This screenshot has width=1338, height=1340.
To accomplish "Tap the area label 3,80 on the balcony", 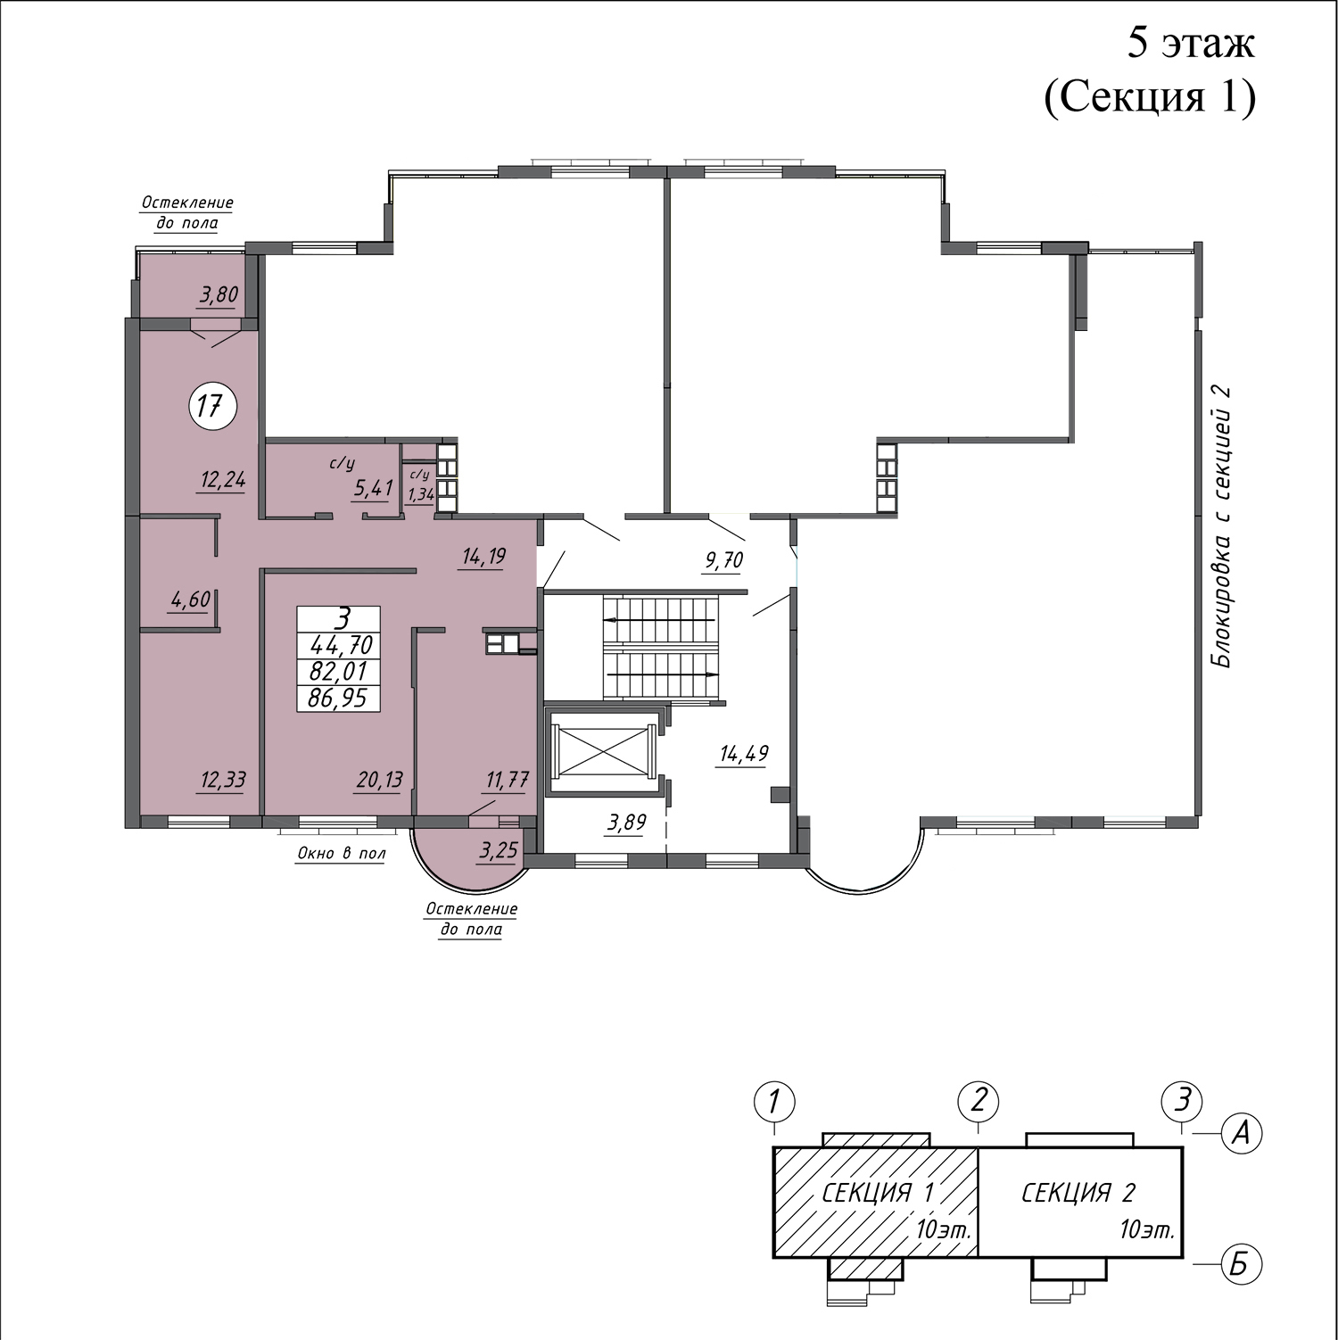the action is tap(219, 295).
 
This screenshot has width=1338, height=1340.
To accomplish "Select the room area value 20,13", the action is tap(379, 781).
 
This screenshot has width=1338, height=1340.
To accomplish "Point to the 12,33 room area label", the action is tap(222, 781).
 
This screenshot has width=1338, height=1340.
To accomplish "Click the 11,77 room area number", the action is tap(507, 781).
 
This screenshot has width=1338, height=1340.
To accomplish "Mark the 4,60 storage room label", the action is tap(190, 600).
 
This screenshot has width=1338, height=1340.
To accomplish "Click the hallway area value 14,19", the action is tap(483, 558).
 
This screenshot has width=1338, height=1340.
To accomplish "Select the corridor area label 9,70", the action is tap(723, 561).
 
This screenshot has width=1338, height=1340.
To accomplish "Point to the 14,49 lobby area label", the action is tap(744, 754).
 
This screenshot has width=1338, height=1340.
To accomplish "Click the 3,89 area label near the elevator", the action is tap(626, 823).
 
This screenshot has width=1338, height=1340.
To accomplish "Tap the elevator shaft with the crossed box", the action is tap(603, 750).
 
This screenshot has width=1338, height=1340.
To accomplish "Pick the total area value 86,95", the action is tap(338, 698).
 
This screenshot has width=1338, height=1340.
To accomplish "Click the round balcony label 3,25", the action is tap(499, 851).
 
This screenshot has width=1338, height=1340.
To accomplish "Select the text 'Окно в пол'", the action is tap(341, 854).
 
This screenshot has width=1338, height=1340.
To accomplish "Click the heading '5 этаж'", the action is tap(1191, 43).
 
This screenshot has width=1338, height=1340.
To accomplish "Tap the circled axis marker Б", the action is tap(1240, 1265).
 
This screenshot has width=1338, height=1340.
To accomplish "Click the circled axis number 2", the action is tap(979, 1100).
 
